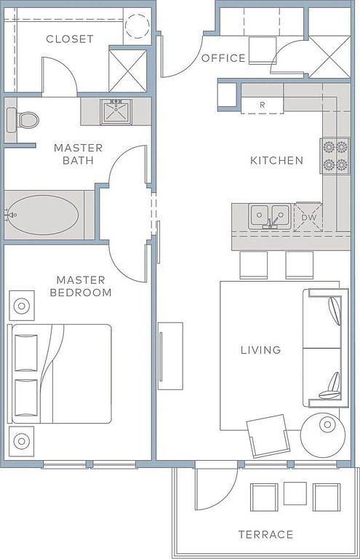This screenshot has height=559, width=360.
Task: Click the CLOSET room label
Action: (70, 39)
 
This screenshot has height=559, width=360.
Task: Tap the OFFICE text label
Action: (223, 58)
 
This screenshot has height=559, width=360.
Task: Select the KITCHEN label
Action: (276, 160)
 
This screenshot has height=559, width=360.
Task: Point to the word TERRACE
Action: (265, 534)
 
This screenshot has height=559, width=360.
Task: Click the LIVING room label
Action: (261, 349)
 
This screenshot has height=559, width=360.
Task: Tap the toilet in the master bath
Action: (23, 119)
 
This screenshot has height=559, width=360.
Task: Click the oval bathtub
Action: (43, 215)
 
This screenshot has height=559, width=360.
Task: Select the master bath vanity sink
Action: (116, 111)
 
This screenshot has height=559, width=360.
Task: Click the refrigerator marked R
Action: (262, 105)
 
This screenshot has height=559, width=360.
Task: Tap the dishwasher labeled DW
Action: (308, 217)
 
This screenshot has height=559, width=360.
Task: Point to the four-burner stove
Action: (335, 156)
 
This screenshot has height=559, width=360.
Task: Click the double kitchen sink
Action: (270, 215)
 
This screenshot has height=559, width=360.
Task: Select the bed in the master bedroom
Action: (60, 373)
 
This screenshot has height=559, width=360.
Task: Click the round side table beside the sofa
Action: (323, 435)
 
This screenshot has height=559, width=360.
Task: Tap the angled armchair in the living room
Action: (268, 435)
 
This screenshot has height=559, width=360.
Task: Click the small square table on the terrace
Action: (295, 493)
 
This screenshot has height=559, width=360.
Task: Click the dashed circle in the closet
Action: (137, 26)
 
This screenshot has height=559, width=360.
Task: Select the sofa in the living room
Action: (326, 348)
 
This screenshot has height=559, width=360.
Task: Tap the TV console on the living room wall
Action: (170, 356)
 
